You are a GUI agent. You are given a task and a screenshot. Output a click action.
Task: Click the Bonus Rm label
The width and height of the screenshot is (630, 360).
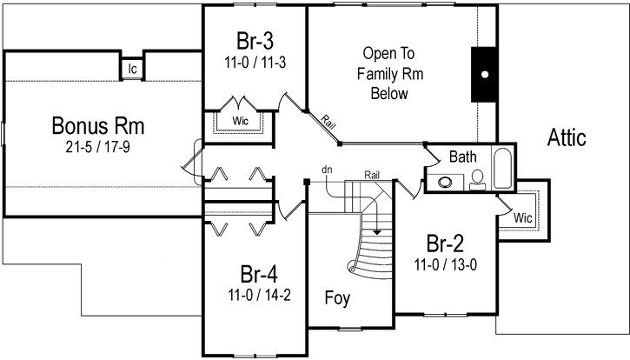96,126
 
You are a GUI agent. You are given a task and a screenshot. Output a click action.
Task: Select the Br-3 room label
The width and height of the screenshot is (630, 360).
255,42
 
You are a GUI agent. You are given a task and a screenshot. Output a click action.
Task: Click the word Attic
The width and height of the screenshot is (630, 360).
567,137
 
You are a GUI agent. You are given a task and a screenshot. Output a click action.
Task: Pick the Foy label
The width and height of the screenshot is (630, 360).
336,298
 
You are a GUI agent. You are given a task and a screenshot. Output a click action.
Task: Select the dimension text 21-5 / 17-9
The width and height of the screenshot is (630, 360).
96,146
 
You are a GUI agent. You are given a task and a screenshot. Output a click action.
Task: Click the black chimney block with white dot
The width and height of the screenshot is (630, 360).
484,75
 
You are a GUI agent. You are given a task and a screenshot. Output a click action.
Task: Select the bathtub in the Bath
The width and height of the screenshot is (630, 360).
503,171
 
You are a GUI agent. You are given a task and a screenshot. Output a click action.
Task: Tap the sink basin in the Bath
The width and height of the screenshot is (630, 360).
447,183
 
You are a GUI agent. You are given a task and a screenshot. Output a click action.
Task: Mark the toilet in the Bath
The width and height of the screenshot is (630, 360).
476,180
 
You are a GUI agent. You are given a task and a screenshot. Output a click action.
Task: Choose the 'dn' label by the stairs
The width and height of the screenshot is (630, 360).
328,168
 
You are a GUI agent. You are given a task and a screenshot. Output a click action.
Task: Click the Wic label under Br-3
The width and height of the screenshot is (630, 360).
241,121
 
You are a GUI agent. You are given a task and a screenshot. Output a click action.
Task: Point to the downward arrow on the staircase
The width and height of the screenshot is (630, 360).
376,233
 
